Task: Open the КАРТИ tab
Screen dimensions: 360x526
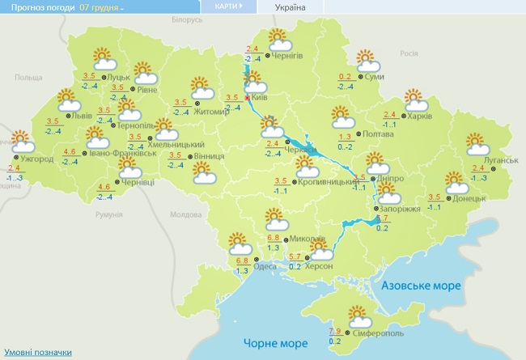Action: [x=227, y=6]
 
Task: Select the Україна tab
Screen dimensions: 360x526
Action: [x=291, y=7]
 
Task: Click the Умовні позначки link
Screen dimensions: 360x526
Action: [x=38, y=353]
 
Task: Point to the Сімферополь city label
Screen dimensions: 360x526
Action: [x=376, y=333]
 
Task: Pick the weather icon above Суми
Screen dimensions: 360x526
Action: [x=368, y=61]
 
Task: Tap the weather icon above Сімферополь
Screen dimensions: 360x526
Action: [x=358, y=316]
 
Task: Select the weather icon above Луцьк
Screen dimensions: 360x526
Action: [x=104, y=59]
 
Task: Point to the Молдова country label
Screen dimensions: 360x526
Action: [x=185, y=215]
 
